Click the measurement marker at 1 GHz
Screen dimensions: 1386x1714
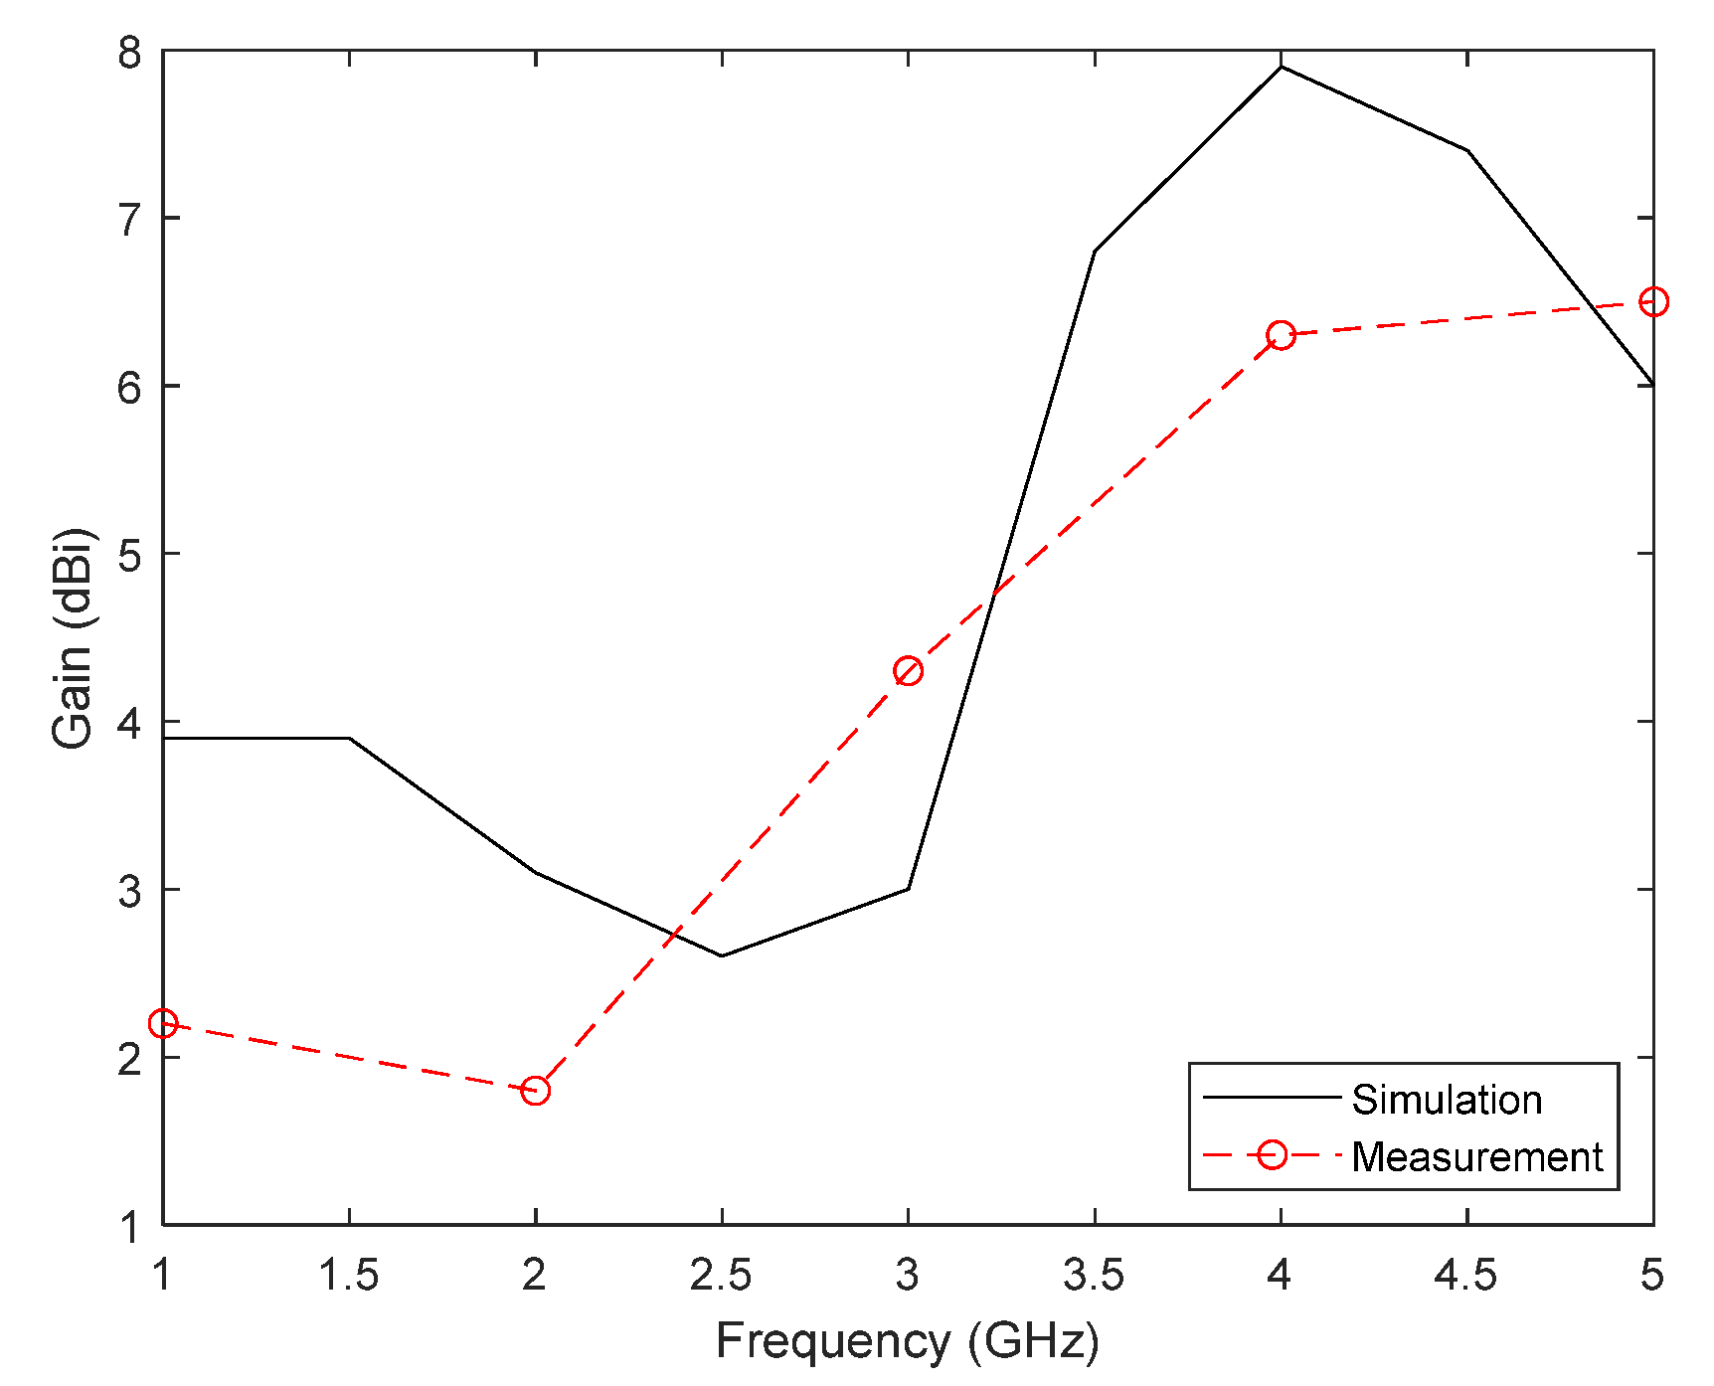(x=163, y=1023)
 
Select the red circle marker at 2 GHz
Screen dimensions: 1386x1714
(x=535, y=1091)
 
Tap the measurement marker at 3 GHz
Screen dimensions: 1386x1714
(x=908, y=671)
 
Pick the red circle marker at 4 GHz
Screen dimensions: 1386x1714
(x=1281, y=335)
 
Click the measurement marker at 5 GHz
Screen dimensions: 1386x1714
(x=1652, y=301)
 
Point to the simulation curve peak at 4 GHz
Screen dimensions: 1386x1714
(x=1281, y=67)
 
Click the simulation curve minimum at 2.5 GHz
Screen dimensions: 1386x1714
(x=722, y=955)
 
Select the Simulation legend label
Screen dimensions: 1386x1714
(x=1447, y=1100)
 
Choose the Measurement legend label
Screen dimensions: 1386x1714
(x=1476, y=1156)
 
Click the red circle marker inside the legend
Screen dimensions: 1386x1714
(x=1272, y=1155)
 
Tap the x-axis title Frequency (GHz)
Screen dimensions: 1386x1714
(x=908, y=1340)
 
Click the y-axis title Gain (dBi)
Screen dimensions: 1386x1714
(x=73, y=638)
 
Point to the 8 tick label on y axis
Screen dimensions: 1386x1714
(x=130, y=52)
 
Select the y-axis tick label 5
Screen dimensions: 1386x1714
(x=130, y=555)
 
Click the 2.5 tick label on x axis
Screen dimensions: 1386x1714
(x=722, y=1275)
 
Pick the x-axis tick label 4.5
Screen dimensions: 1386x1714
(x=1465, y=1275)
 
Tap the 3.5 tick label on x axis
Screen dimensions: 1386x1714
(x=1094, y=1275)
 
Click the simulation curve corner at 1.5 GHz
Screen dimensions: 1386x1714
(x=349, y=738)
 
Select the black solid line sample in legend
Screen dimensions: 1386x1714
(x=1272, y=1098)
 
